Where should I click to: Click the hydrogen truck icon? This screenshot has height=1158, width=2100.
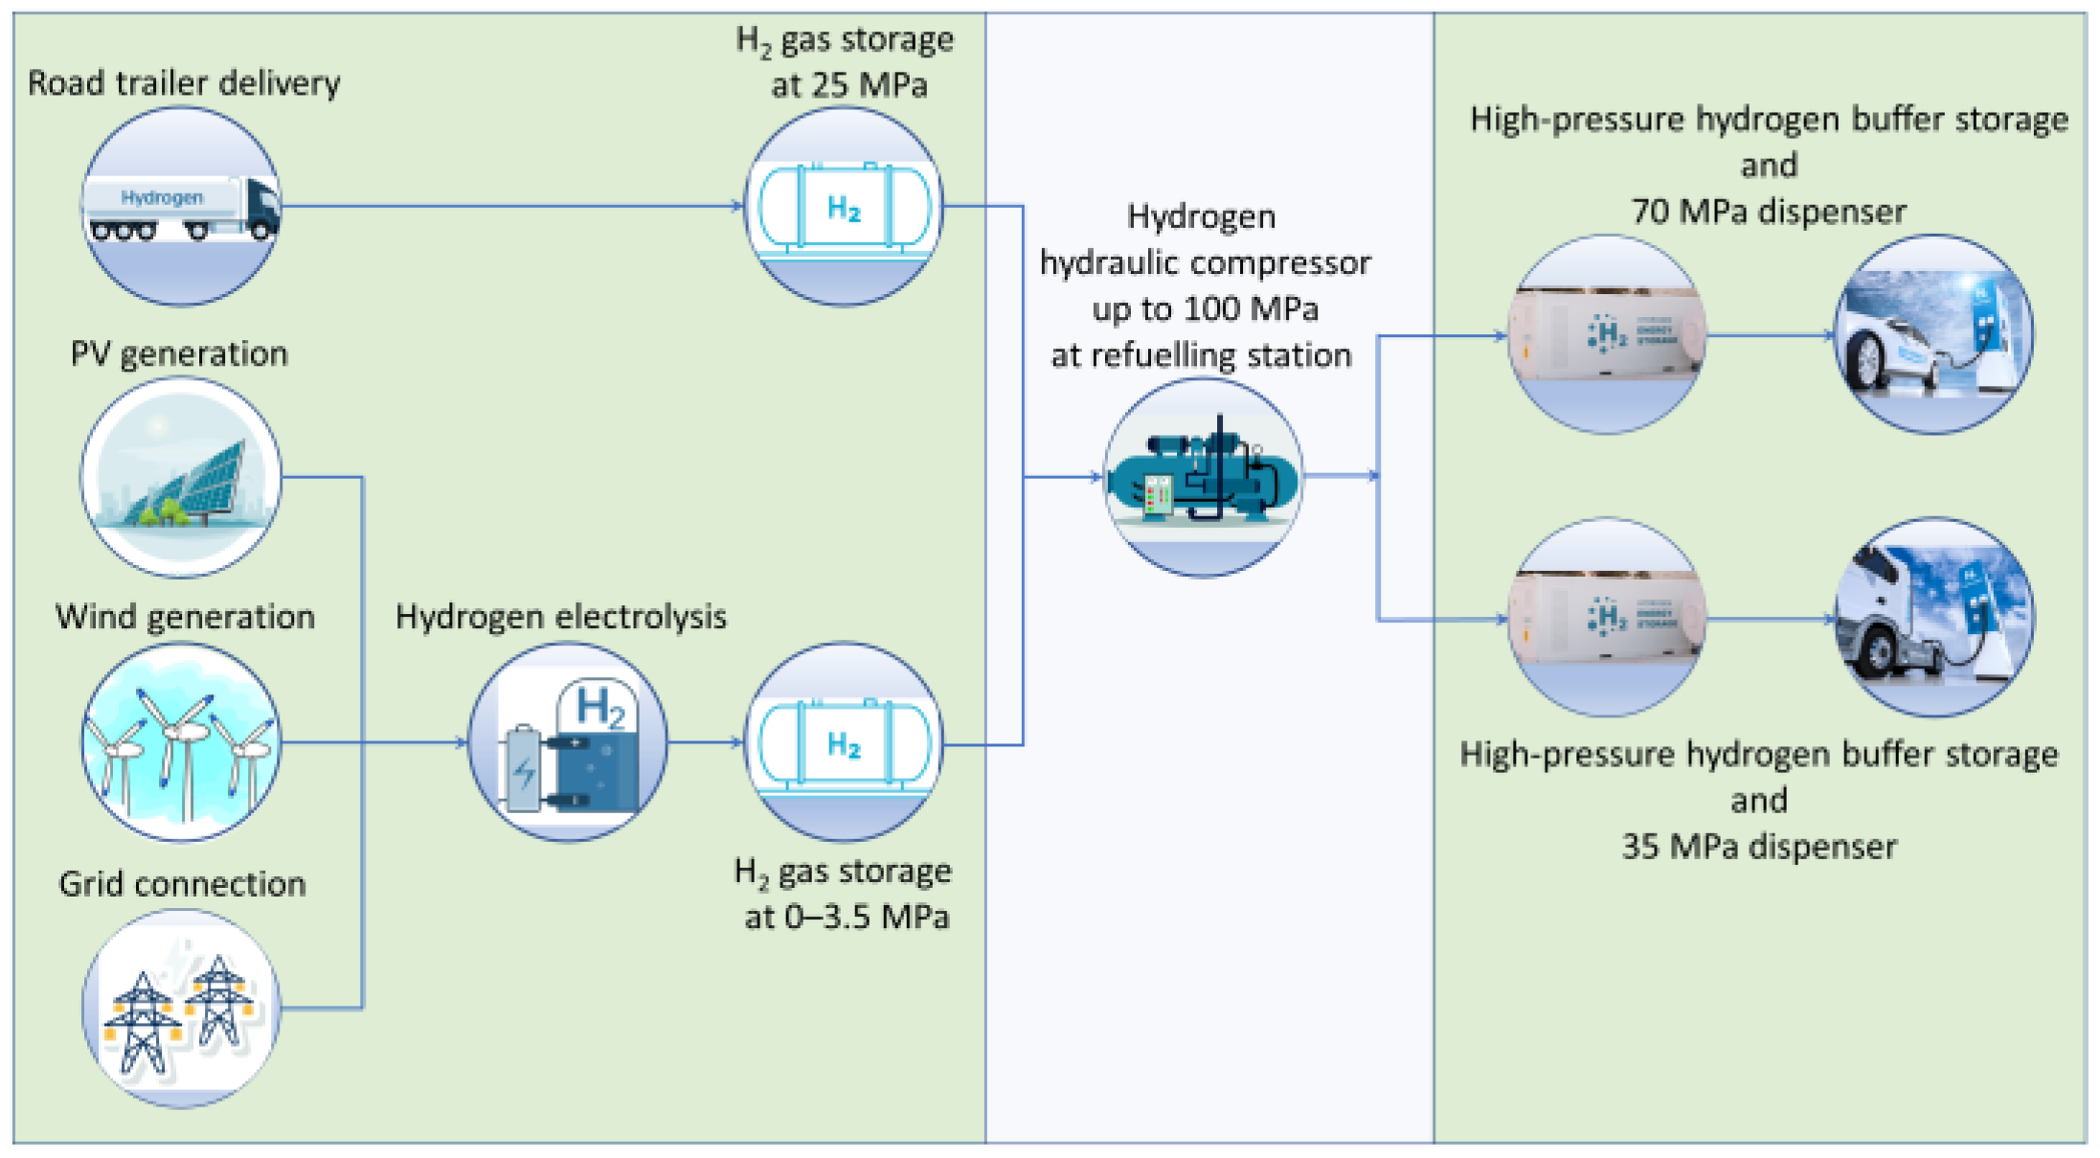click(181, 207)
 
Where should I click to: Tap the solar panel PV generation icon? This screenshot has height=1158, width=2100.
click(181, 477)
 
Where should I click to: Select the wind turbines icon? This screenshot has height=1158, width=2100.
click(181, 742)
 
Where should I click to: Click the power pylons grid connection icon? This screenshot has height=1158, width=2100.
click(181, 1008)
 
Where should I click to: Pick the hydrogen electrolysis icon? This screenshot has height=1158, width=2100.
click(568, 742)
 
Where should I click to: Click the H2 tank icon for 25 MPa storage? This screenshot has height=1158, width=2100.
click(844, 207)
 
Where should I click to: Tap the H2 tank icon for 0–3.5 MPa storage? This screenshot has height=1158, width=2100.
click(844, 742)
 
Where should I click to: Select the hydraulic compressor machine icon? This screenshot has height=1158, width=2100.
click(1203, 477)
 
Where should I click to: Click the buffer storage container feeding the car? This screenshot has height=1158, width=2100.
click(1607, 335)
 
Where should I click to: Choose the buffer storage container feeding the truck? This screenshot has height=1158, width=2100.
click(1607, 618)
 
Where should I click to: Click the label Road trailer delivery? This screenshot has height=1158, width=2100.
click(183, 83)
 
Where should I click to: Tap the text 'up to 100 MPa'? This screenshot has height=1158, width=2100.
click(1205, 309)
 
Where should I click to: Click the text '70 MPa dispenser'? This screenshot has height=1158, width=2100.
click(1768, 212)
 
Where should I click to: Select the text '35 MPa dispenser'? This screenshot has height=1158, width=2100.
click(1758, 847)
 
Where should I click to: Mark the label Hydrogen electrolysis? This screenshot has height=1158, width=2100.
click(560, 617)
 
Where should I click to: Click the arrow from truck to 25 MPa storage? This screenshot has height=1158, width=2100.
click(512, 206)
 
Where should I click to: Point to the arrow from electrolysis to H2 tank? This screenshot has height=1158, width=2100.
click(706, 742)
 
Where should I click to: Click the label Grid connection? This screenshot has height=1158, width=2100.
click(182, 883)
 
